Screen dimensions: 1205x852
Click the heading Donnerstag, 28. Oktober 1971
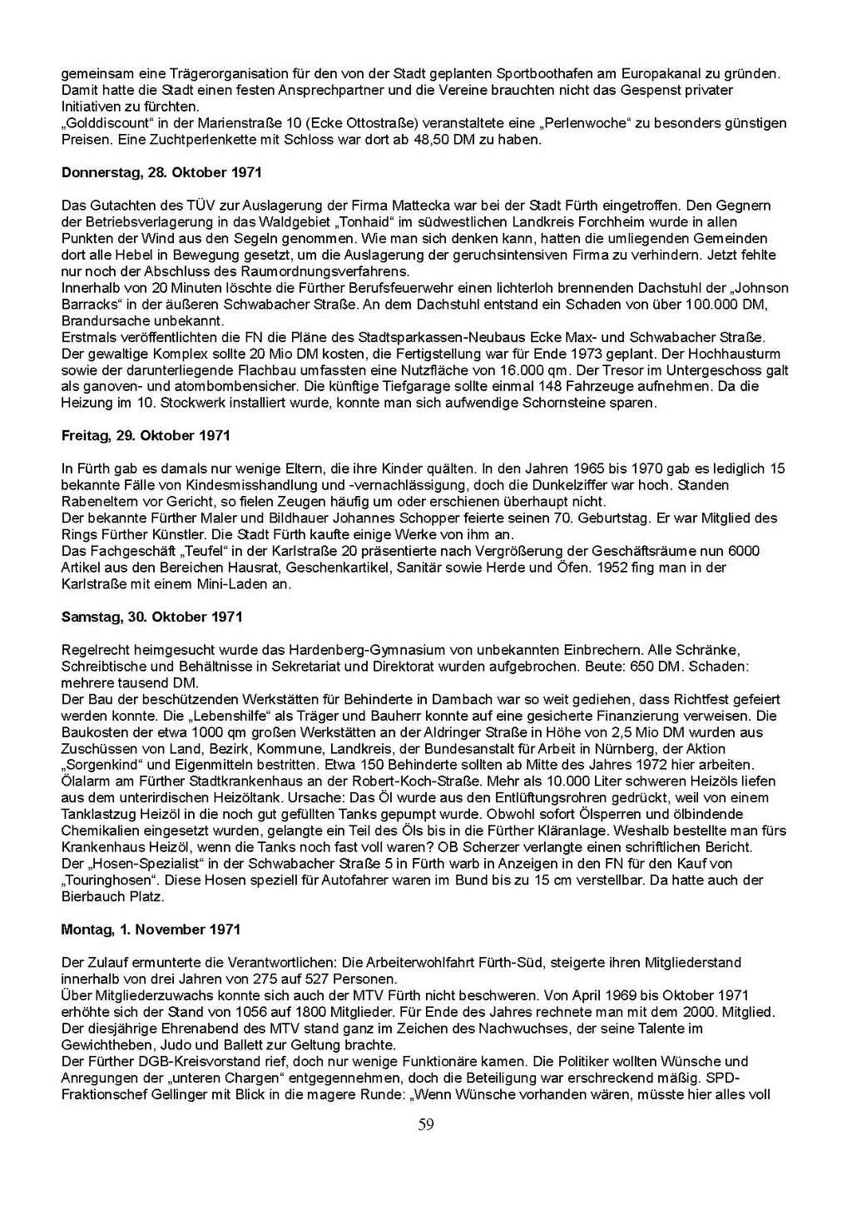pos(161,172)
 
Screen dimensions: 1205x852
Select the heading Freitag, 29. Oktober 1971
pos(146,435)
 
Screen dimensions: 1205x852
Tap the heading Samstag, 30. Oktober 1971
pos(152,617)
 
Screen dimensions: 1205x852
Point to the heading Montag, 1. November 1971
pos(151,928)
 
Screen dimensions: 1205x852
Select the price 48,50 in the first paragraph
pos(432,140)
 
